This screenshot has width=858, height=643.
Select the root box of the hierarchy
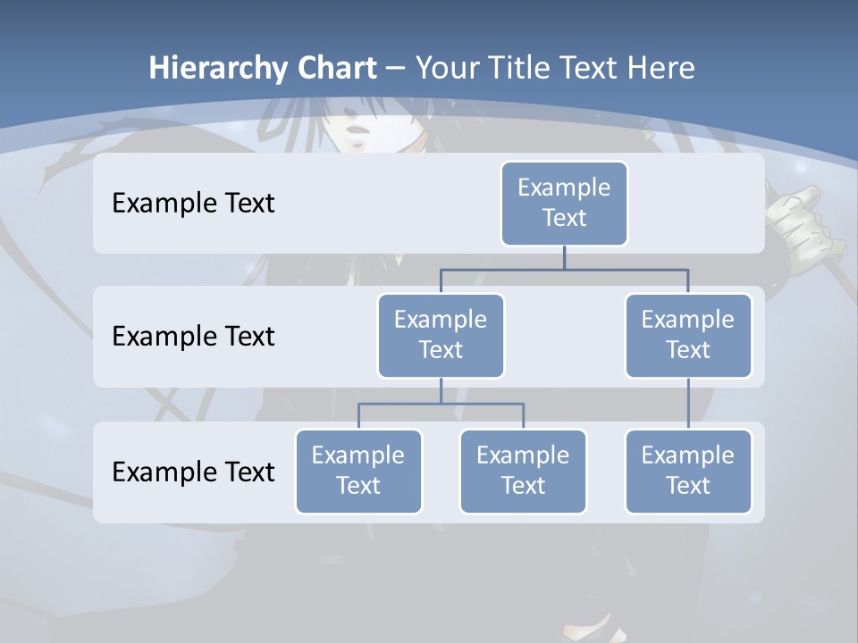click(x=564, y=203)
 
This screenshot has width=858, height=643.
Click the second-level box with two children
click(x=441, y=335)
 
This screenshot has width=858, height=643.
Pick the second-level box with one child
click(x=688, y=335)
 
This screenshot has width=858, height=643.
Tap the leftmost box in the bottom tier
click(x=358, y=471)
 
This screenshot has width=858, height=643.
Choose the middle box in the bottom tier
click(x=523, y=471)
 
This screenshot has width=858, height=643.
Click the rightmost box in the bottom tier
click(x=688, y=471)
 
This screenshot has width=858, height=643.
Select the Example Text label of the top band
click(x=193, y=203)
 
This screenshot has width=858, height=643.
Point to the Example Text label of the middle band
click(x=193, y=336)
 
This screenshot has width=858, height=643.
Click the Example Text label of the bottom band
click(x=193, y=472)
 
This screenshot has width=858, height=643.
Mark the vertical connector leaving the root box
click(x=564, y=258)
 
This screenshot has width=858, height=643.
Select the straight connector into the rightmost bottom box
click(x=688, y=404)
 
